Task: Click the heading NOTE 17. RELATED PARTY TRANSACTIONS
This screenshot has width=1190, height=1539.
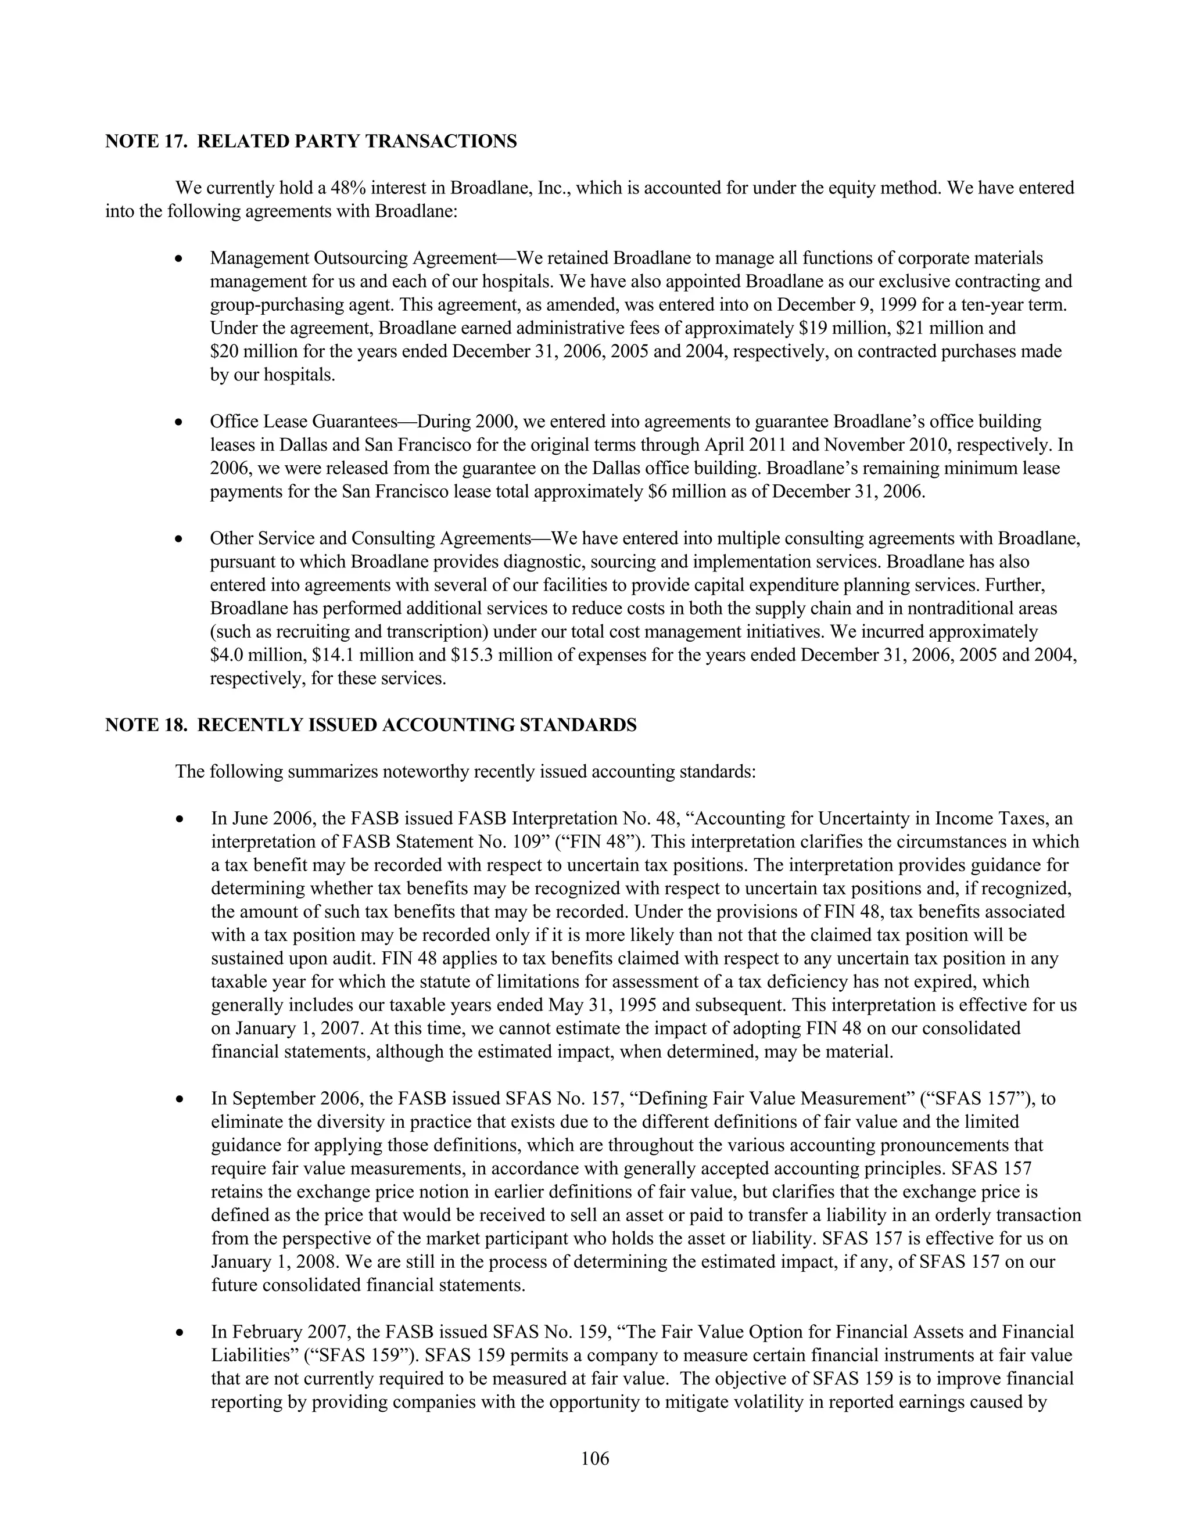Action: pyautogui.click(x=311, y=142)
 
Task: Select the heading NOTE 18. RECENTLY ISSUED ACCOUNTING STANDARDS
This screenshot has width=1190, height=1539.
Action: pyautogui.click(x=371, y=725)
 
